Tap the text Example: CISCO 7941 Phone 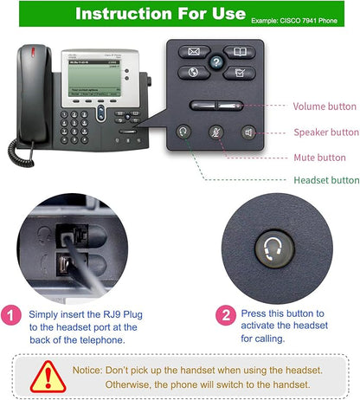(x=305, y=18)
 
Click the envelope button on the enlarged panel (x=195, y=52)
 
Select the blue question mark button (x=216, y=61)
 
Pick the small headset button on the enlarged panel (x=183, y=132)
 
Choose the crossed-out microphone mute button (x=216, y=132)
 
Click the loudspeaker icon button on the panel (x=249, y=132)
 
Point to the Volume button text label (x=325, y=106)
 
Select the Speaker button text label (x=325, y=132)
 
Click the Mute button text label (x=319, y=158)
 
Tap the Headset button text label (x=326, y=180)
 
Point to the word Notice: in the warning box (x=114, y=369)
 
